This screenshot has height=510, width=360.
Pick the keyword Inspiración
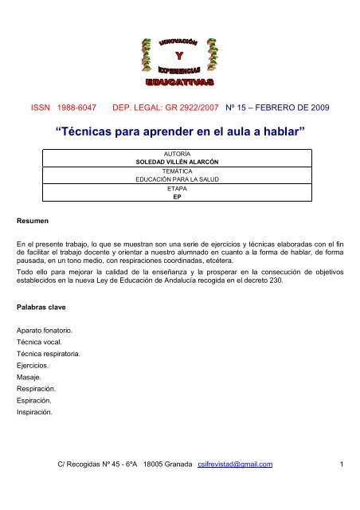(x=37, y=413)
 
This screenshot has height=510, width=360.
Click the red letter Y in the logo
(x=179, y=55)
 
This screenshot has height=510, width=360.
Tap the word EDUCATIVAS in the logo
(x=179, y=81)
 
